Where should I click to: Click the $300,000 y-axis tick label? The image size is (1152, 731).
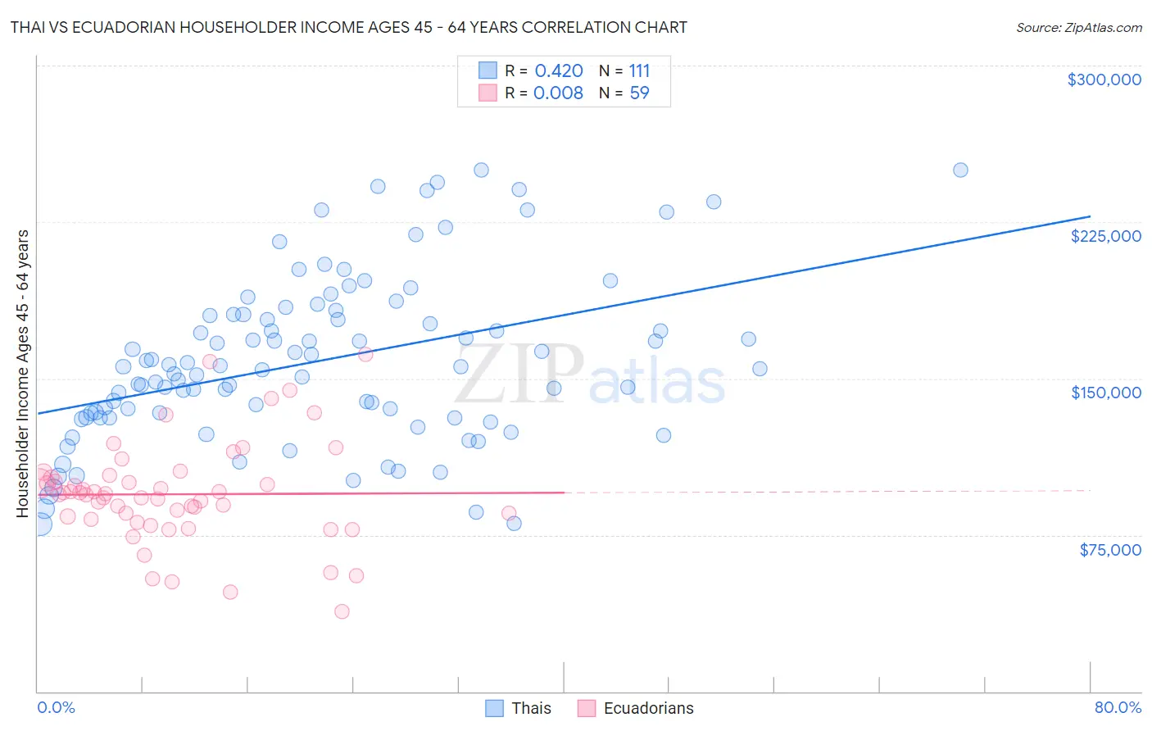[1104, 79]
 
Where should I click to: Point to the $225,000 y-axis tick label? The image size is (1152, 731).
[1105, 236]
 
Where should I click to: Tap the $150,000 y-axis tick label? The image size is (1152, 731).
[1105, 393]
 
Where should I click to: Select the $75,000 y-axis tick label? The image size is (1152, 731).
[1109, 550]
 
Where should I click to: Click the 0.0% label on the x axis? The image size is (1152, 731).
[56, 707]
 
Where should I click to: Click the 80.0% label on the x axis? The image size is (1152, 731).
[1118, 707]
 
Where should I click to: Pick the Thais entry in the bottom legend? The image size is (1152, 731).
[531, 708]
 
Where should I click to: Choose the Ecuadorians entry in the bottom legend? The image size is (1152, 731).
[648, 708]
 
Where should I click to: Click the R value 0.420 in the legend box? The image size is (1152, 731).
[559, 71]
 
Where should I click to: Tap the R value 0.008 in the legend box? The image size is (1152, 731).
[558, 93]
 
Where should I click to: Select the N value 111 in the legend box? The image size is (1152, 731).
[639, 71]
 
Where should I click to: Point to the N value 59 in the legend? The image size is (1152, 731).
[639, 93]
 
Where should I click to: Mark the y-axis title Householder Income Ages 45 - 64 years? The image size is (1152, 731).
[23, 374]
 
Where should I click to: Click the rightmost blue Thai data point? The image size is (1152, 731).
[960, 170]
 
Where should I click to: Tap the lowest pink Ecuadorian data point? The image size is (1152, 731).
[342, 611]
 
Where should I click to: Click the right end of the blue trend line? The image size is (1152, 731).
[1090, 216]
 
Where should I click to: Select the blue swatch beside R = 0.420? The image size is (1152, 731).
[488, 70]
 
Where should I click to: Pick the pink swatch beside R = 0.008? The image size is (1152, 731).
[488, 93]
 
